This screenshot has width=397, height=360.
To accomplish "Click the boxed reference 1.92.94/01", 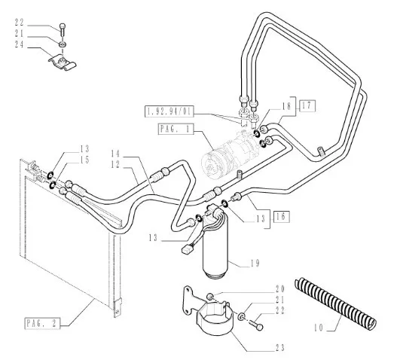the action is click(169, 111).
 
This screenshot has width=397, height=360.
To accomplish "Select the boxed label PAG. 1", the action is click(176, 129).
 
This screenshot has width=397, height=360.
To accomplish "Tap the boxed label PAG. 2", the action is click(42, 323).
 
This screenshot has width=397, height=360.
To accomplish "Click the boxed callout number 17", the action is click(307, 106).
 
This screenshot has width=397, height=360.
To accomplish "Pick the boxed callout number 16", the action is click(281, 216).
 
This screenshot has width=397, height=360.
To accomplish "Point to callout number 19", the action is click(255, 264).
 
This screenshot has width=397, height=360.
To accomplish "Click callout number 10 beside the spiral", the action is click(319, 328).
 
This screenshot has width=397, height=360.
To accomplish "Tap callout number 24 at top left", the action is click(20, 44).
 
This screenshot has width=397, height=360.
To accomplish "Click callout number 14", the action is click(115, 154).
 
